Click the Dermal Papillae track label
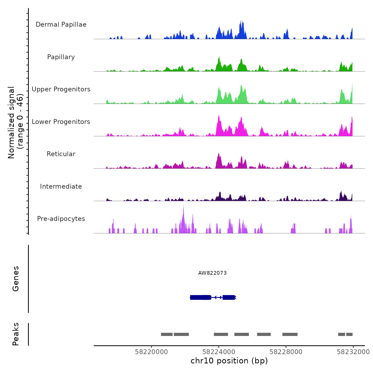click(x=61, y=25)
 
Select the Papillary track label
click(x=61, y=57)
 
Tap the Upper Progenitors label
click(x=61, y=89)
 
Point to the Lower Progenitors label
click(x=61, y=122)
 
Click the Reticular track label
click(x=61, y=154)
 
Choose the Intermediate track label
click(x=61, y=186)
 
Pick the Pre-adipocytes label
click(x=61, y=219)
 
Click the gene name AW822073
click(x=212, y=273)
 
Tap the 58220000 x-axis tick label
click(x=151, y=352)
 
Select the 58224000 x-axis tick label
click(x=219, y=352)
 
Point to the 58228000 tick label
click(x=286, y=352)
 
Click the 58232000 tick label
click(x=353, y=352)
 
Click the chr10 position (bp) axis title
click(x=229, y=361)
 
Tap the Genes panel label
click(x=16, y=279)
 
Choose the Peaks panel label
click(x=16, y=334)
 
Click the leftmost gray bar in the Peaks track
click(x=167, y=334)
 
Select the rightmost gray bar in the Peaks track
click(x=349, y=334)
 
